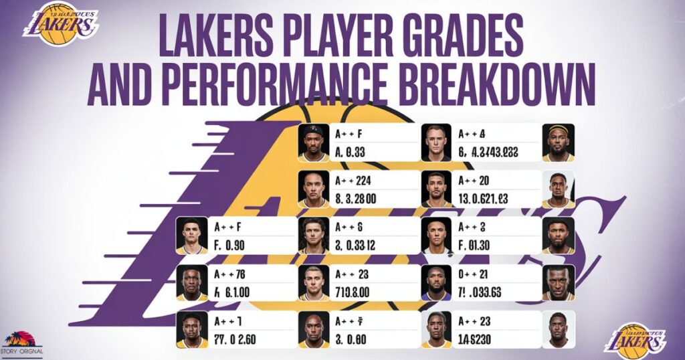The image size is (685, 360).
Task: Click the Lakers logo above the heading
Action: (x=60, y=24)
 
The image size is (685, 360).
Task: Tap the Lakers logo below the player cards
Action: (x=635, y=341)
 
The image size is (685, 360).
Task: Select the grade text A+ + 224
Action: (x=352, y=180)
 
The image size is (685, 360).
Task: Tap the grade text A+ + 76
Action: (x=229, y=274)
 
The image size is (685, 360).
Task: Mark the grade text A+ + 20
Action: (x=474, y=180)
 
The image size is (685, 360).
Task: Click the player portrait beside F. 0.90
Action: (x=191, y=236)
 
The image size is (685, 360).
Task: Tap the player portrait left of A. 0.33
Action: (x=313, y=143)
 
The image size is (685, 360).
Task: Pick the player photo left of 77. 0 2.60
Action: (x=191, y=330)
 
